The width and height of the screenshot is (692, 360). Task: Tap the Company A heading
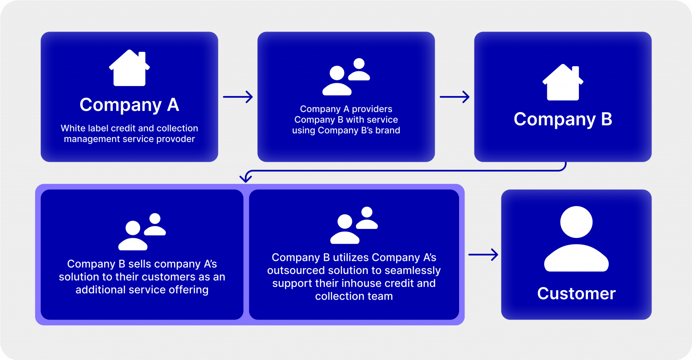[129, 105]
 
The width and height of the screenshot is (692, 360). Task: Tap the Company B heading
[563, 119]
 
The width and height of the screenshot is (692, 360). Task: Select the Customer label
[576, 294]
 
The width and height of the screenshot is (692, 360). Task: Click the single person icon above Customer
[576, 241]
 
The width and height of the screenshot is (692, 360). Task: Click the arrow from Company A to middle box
[238, 97]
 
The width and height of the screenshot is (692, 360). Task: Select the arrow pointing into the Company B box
[455, 97]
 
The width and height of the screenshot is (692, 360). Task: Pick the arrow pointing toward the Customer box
[483, 255]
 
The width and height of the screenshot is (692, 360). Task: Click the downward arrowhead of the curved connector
[246, 179]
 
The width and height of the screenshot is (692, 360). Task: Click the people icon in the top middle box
[346, 77]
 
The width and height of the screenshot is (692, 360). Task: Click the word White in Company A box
[72, 128]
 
